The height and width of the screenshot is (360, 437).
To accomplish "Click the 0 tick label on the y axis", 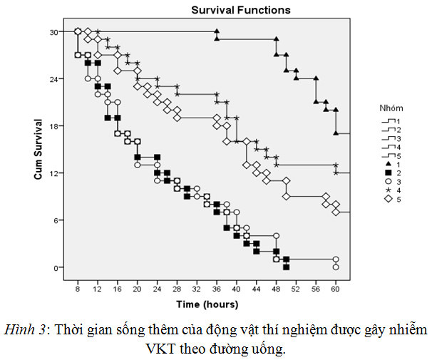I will pos(56,267).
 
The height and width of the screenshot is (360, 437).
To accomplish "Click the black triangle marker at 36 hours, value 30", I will pos(216,32).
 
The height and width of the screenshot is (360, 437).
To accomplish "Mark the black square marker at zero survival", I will pos(286,267).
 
